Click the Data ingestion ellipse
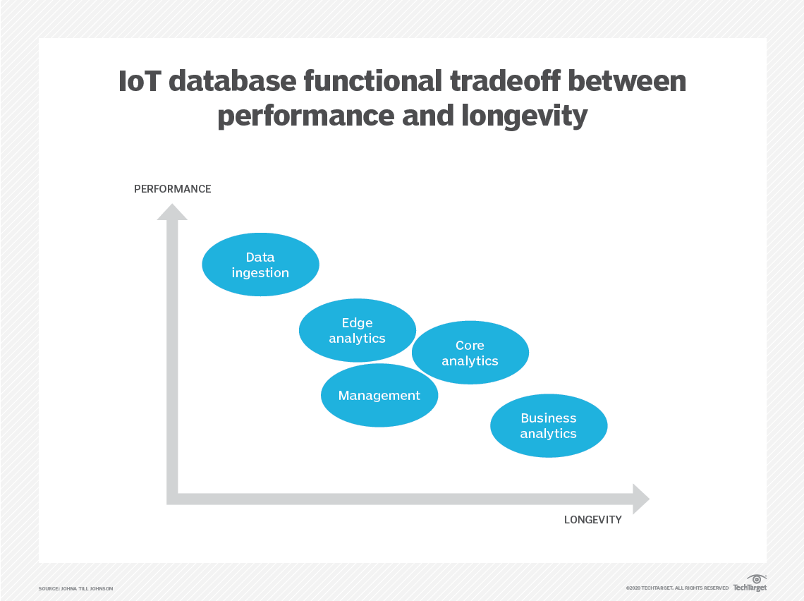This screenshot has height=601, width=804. [x=260, y=265]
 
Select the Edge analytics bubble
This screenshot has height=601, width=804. [x=357, y=330]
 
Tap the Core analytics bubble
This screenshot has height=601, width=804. [x=470, y=353]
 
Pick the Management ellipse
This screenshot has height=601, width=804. [x=379, y=396]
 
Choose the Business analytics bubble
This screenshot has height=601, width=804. [x=548, y=426]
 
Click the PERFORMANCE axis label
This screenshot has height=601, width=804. [x=172, y=189]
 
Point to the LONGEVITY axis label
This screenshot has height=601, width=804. [x=592, y=520]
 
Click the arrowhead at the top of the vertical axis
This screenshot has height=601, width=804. [x=172, y=211]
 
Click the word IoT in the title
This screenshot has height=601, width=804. [x=138, y=83]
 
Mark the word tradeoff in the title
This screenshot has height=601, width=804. [x=501, y=83]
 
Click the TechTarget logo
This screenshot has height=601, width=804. [x=749, y=583]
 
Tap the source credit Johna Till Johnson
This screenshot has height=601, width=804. [x=75, y=588]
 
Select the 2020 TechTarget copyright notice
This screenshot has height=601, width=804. [x=676, y=588]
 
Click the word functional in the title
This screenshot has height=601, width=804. [x=372, y=83]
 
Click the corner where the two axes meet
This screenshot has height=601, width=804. [x=172, y=499]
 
